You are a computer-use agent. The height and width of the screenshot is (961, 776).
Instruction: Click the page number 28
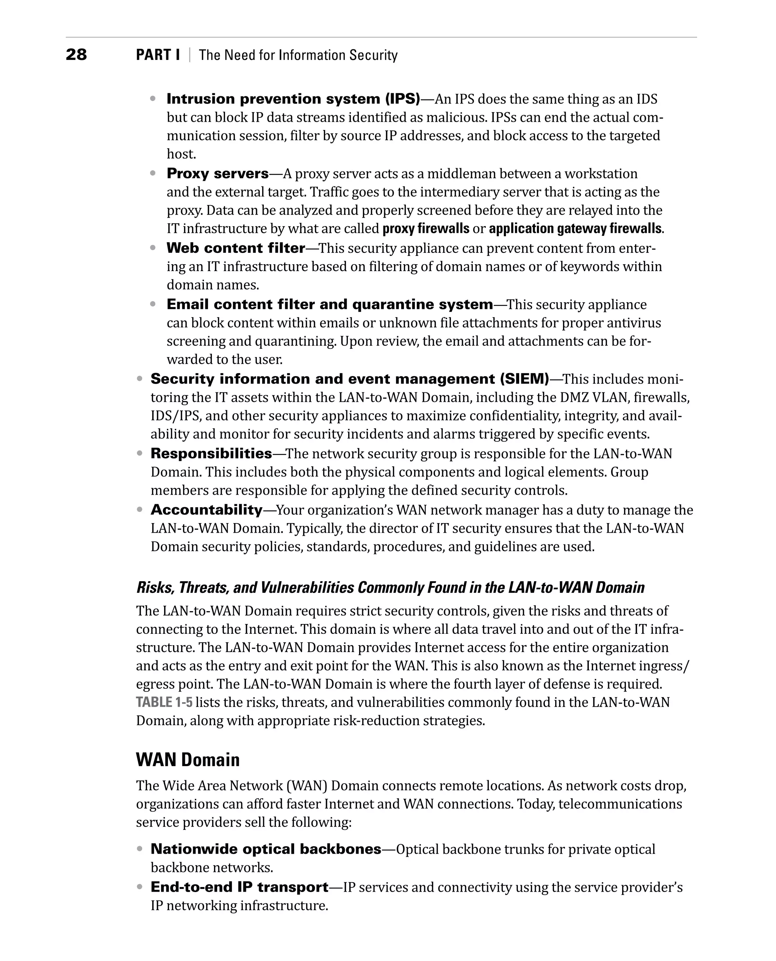click(76, 55)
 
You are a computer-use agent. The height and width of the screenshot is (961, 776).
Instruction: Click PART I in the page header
click(158, 55)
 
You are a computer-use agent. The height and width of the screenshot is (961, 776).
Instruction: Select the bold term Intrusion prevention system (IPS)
click(293, 99)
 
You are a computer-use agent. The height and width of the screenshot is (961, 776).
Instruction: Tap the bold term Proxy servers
click(218, 174)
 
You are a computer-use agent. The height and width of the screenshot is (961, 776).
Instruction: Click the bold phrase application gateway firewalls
click(575, 229)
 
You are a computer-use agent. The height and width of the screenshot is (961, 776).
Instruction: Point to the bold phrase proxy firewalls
click(426, 229)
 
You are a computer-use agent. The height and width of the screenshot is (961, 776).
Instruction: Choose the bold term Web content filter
click(236, 248)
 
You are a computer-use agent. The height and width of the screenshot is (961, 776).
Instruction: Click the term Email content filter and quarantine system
click(329, 304)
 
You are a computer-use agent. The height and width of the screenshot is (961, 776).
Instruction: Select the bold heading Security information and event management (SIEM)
click(350, 379)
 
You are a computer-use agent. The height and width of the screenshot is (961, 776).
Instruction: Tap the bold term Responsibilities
click(211, 453)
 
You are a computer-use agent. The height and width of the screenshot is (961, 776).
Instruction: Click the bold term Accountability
click(207, 510)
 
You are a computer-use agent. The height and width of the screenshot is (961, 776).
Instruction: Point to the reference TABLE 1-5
click(164, 702)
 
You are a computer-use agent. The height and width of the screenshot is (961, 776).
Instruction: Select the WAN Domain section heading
click(188, 760)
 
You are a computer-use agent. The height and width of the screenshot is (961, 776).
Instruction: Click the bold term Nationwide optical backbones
click(266, 849)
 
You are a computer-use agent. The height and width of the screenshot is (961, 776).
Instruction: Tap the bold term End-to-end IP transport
click(239, 887)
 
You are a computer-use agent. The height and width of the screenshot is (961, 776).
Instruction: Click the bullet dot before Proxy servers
click(153, 173)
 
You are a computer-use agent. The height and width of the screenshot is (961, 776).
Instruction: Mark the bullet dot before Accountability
click(139, 510)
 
